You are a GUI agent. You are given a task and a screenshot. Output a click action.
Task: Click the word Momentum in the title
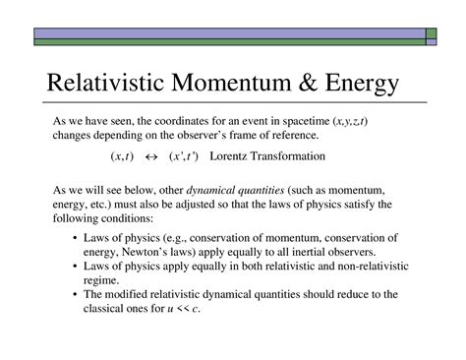pos(231,82)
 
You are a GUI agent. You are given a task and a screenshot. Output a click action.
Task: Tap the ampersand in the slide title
pos(308,82)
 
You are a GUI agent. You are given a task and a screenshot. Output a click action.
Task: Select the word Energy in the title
pos(362,84)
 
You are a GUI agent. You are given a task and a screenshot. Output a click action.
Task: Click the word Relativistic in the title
pos(105,82)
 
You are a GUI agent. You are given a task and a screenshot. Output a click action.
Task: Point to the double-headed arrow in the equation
pos(151,157)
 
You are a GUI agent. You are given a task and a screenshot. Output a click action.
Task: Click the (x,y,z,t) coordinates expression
pos(350,122)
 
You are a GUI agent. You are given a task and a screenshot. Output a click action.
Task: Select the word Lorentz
pos(228,156)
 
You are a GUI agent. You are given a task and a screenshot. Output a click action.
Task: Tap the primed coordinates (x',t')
pos(184,156)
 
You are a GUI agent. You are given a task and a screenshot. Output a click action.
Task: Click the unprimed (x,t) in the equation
pos(122,156)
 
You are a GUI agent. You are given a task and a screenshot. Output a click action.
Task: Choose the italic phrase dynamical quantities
pos(235,191)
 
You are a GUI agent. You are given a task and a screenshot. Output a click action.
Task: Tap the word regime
pos(101,281)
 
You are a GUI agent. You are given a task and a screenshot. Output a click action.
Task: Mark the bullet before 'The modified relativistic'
pos(76,294)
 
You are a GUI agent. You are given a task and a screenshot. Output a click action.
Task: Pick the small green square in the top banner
pos(432,33)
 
